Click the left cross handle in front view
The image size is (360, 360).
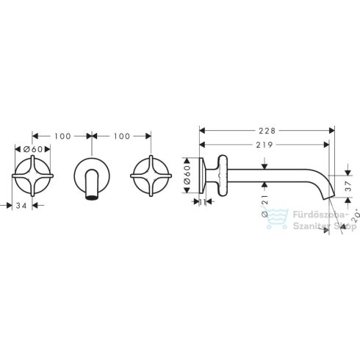coord(32,177)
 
